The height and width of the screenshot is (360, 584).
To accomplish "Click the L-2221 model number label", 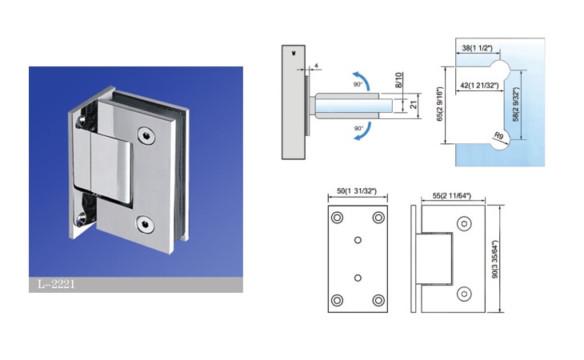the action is coord(56,285).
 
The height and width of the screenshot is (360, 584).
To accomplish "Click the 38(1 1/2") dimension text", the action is coord(477,48).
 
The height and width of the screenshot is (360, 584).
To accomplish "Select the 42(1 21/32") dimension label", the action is coord(479,86).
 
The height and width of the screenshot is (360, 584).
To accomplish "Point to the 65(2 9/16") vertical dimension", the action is coord(440,105).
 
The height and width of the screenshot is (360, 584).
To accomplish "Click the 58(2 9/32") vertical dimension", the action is coord(516,105).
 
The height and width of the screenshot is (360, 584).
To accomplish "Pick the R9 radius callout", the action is coord(499,135).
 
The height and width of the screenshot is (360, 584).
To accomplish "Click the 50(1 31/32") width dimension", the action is coord(357,191).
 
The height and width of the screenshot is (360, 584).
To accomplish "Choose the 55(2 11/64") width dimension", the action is coord(452,195).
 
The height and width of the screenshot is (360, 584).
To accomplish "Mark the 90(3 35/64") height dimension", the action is coord(495,259).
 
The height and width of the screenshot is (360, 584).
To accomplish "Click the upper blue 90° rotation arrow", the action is coord(362,79).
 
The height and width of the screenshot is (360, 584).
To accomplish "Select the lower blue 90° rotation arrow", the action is coord(362,131).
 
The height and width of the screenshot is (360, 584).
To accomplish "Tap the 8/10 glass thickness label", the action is coord(399,80).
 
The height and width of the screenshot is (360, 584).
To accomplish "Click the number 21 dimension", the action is coord(414,105).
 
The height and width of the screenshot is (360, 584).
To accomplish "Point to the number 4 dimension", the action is coord(316,66).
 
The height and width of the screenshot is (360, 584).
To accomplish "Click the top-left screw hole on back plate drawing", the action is coord(337,217).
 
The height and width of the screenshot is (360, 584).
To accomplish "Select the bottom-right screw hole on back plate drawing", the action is coord(378,300).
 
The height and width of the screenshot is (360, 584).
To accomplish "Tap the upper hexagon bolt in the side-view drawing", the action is coord(464,224).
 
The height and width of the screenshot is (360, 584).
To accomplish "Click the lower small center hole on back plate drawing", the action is coord(358,278).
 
